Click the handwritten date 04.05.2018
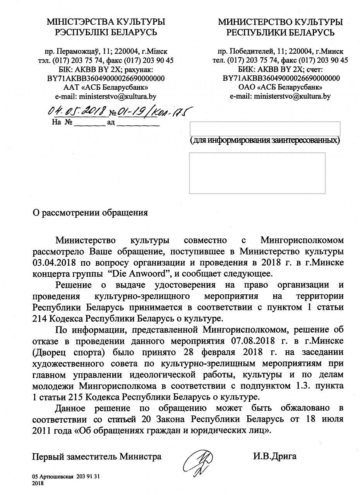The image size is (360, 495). coord(77,112)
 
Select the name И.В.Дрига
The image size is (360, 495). coord(275,456)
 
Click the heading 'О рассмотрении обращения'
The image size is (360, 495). coord(90,213)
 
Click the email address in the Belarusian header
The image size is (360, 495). coord(105,96)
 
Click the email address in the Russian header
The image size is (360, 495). coord(280,96)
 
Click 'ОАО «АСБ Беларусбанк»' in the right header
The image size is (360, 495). coord(280,87)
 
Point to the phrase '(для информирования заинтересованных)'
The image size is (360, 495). coord(265,140)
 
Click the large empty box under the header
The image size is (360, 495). coord(257,173)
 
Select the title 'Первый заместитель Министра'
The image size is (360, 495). coord(97,456)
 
